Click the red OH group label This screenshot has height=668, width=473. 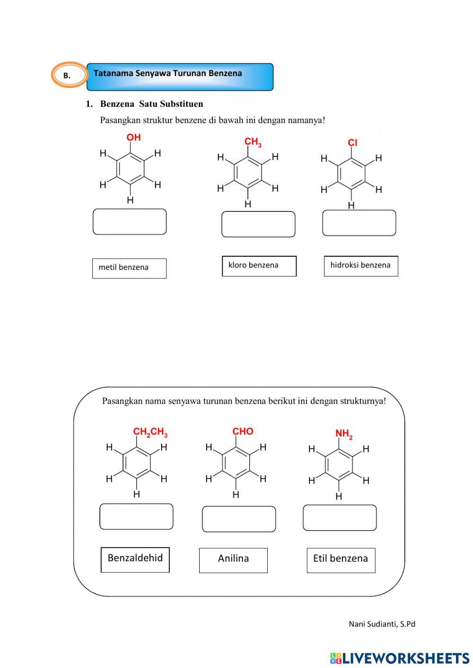(x=133, y=138)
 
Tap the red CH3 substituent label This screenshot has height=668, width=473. (x=253, y=142)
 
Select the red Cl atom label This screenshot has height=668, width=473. (x=352, y=143)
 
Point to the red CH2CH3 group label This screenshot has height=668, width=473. (x=150, y=432)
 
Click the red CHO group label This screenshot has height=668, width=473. (x=243, y=431)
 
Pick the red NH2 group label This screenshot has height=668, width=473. (x=344, y=434)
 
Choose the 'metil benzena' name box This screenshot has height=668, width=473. (x=129, y=268)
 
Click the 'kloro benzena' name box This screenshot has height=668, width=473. (x=259, y=266)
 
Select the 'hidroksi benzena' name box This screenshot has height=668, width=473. (x=361, y=266)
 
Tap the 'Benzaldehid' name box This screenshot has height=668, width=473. (x=135, y=559)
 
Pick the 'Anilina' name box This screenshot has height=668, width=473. (x=233, y=560)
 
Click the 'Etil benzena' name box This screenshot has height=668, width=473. (x=341, y=560)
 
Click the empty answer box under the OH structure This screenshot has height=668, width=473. (x=130, y=222)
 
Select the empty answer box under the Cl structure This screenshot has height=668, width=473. (x=359, y=223)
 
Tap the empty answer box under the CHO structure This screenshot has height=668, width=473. (x=239, y=519)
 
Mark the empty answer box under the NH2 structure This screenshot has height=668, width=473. (x=340, y=517)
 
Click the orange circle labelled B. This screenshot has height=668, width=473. (x=69, y=75)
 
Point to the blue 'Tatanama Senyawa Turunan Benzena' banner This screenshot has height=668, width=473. (x=180, y=77)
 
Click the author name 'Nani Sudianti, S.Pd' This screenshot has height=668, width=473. (x=382, y=624)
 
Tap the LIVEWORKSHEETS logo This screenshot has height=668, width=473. (x=400, y=658)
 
